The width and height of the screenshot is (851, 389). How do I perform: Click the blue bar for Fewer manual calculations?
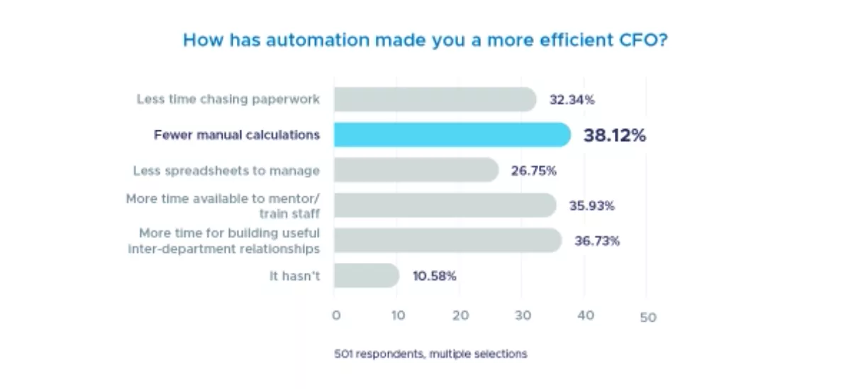click(452, 135)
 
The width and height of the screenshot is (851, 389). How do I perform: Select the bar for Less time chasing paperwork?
click(435, 100)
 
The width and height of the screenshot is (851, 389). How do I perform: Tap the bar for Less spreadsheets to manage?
click(416, 170)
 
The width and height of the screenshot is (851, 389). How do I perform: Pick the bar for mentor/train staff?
click(445, 205)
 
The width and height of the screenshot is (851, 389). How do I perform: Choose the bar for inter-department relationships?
click(447, 240)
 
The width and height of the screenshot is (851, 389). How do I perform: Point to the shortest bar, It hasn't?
click(366, 276)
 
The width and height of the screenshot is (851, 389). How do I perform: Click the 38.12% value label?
click(614, 135)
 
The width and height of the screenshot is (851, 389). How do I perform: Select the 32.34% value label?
click(572, 100)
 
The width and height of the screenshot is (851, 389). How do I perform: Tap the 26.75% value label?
click(533, 171)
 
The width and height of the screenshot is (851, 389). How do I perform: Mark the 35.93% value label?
click(591, 206)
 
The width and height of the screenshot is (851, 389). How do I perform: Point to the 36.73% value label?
click(597, 241)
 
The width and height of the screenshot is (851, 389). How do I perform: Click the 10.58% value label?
click(434, 276)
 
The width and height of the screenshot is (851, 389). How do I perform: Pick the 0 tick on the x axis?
click(336, 315)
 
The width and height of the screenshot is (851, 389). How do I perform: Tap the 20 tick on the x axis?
click(460, 315)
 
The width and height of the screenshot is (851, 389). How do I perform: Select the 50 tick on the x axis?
click(648, 317)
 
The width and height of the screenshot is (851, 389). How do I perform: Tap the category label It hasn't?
click(294, 276)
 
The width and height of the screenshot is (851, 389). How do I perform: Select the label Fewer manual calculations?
click(237, 135)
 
